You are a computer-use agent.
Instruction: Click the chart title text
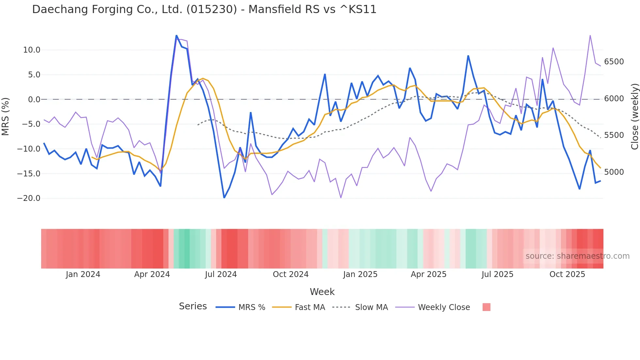coord(204,9)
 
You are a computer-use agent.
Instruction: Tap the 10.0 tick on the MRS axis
coord(32,50)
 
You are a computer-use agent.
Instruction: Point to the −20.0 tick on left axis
coord(29,198)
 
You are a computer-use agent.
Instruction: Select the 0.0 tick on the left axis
coord(34,100)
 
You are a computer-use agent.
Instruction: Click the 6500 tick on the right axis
coord(614,62)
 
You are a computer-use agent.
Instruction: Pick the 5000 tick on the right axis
coord(614,172)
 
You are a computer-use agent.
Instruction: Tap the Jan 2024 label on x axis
coord(83,274)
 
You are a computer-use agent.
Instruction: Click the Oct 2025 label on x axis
coord(567,274)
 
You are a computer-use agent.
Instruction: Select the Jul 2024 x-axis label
coord(221,274)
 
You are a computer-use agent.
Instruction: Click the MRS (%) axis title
coord(6,117)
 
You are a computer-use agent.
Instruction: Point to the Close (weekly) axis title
coord(634,117)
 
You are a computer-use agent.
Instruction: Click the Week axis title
coord(322,292)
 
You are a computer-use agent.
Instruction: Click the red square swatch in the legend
coord(486,307)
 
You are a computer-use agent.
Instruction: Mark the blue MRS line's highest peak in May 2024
coord(176,35)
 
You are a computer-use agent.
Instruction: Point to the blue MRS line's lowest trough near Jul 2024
coord(224,198)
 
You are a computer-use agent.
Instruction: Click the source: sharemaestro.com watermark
coord(577,256)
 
